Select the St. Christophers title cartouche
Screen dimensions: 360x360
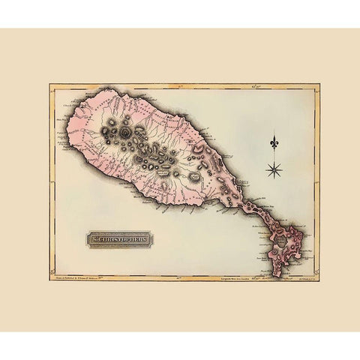[119, 239]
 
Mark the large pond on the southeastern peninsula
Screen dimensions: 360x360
[283, 242]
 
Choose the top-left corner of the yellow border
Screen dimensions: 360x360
[50, 84]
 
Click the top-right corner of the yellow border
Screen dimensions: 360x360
[319, 84]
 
